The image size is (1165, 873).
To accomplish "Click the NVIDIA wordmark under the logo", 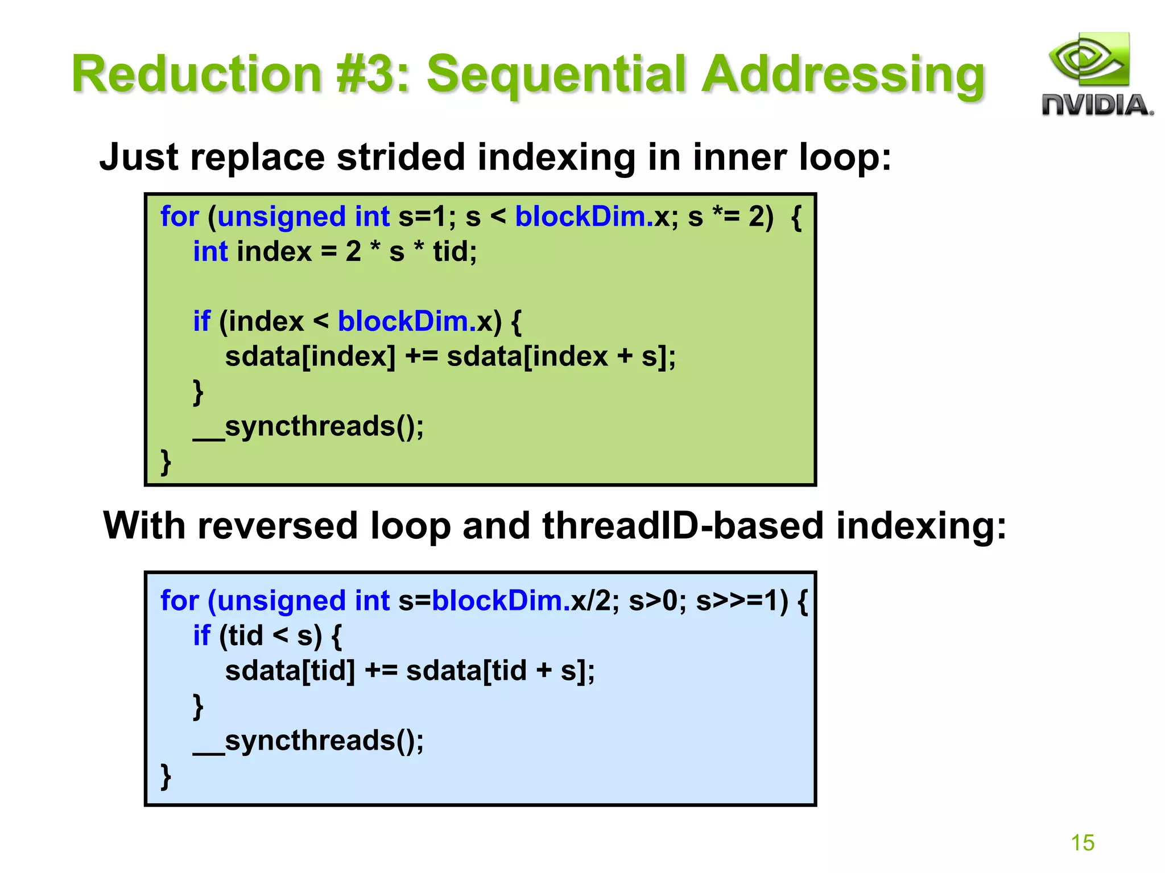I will [1097, 106].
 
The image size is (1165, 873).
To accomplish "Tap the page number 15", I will [1082, 842].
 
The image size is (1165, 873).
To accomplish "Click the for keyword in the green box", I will [179, 217].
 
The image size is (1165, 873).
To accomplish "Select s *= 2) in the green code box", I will [730, 217].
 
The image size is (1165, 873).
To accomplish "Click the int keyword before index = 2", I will [210, 252].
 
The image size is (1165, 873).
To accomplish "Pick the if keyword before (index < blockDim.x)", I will [201, 322].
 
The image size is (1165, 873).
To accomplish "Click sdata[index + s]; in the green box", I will [561, 357].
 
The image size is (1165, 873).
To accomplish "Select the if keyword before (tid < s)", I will [201, 636].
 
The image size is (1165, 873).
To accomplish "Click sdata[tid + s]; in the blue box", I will [500, 671].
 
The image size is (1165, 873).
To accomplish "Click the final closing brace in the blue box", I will [166, 776].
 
